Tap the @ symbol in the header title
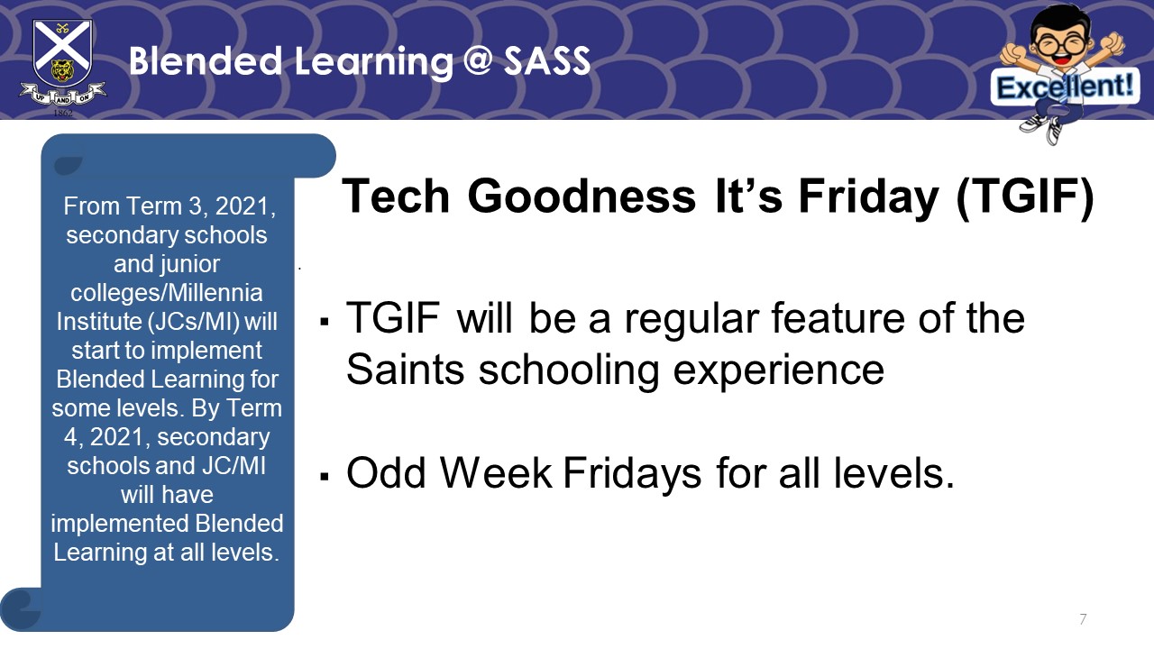[478, 60]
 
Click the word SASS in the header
[546, 60]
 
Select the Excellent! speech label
[1065, 87]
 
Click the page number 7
[1083, 618]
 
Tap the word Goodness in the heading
[582, 196]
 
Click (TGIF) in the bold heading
[1025, 197]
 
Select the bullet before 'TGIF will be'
[324, 323]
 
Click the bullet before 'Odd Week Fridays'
[324, 477]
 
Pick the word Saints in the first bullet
[406, 370]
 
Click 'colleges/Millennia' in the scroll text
[167, 293]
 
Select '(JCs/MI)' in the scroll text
[194, 322]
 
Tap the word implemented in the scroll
[120, 524]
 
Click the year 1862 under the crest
[63, 113]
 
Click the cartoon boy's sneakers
[1042, 128]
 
